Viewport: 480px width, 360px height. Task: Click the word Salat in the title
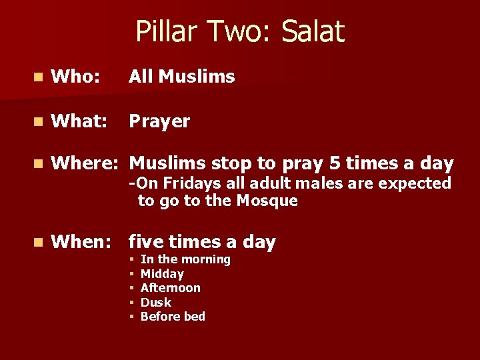point(313,31)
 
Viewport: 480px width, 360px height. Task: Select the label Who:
point(75,77)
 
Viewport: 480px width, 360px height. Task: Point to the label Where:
point(87,163)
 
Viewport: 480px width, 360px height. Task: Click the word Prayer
point(159,122)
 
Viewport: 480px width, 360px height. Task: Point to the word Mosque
point(267,201)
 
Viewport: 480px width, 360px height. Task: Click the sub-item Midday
point(162,274)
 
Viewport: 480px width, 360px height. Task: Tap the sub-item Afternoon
point(171,288)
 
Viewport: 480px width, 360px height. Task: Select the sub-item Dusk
point(156,303)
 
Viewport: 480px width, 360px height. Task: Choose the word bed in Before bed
point(194,317)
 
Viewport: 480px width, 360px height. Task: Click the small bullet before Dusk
point(133,303)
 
